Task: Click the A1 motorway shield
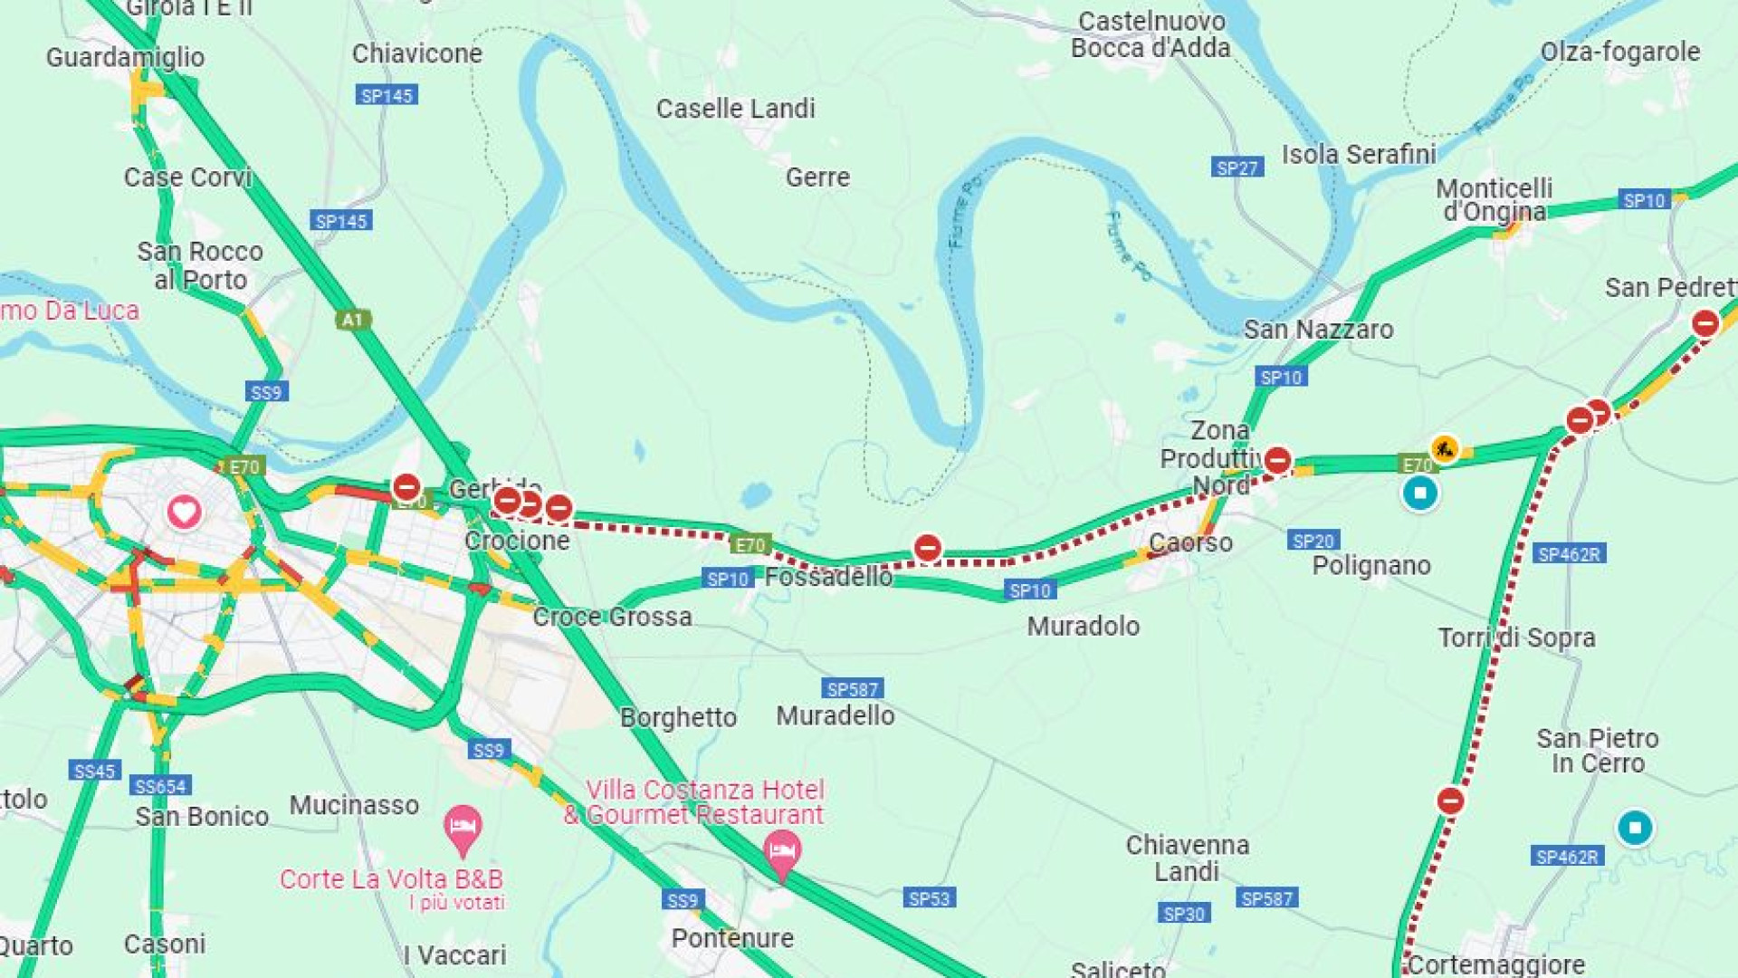point(352,320)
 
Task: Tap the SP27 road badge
point(1237,168)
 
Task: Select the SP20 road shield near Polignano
point(1313,541)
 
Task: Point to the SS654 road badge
point(160,786)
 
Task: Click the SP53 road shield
point(929,898)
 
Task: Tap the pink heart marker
point(184,513)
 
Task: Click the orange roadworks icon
point(1444,448)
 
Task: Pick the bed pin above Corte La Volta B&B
point(463,828)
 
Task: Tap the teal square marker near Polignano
point(1419,494)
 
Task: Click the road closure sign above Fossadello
point(927,548)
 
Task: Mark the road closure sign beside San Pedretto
point(1705,323)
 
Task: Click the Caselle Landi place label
point(735,109)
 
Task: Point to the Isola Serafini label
point(1358,155)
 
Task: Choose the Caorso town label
point(1190,542)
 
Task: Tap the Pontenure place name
point(732,938)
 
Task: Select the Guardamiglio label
point(125,57)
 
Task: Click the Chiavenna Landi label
point(1187,858)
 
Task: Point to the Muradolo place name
point(1083,626)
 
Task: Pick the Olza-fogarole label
point(1619,52)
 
